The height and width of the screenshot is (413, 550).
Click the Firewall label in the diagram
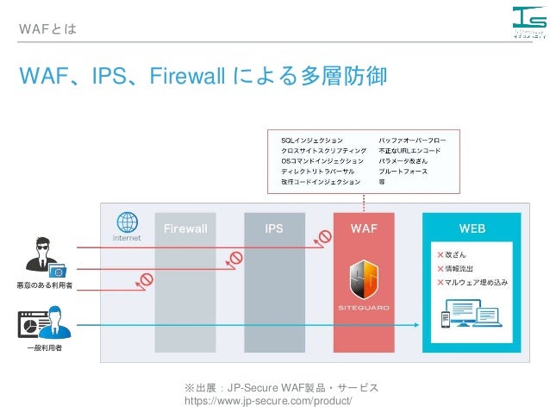coord(185,229)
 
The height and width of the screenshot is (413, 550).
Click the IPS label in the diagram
coord(274,229)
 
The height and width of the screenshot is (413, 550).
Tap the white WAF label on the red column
coord(363,229)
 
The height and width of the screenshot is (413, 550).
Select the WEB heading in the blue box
coord(472,229)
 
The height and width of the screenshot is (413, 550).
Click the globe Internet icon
coord(127,222)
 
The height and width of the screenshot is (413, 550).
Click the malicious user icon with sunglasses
coord(41,256)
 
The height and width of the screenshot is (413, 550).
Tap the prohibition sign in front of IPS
coord(234,257)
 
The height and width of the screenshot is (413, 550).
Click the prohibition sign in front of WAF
coord(325,235)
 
